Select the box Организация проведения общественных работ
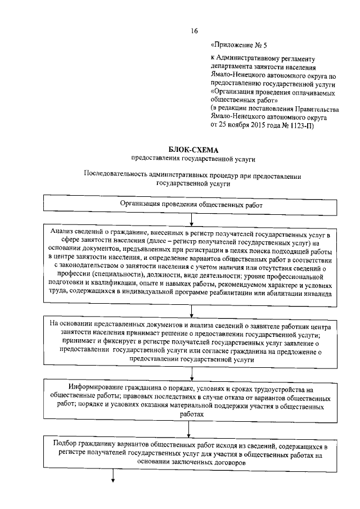click(192, 205)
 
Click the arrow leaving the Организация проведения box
click(192, 220)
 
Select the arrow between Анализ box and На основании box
click(192, 312)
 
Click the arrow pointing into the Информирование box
click(192, 373)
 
